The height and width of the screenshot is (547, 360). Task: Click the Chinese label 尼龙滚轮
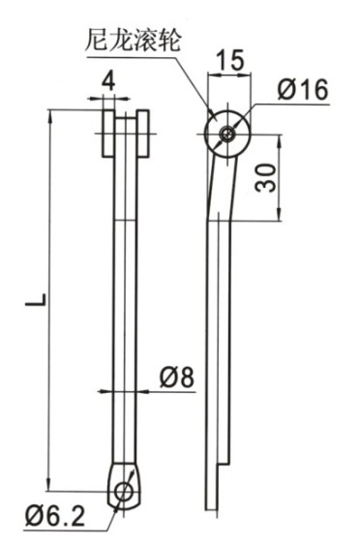point(133,41)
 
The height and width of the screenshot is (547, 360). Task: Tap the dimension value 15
point(229,60)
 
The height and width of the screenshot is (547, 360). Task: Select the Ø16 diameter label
point(303,89)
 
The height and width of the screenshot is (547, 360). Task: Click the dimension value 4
point(108,82)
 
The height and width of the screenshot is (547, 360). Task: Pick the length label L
point(36,300)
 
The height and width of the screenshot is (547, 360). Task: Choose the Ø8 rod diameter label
point(176,378)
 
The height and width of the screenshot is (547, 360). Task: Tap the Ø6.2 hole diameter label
point(55,517)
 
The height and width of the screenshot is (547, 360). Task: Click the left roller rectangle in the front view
point(108,134)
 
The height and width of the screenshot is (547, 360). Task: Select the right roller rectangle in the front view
point(143,134)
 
